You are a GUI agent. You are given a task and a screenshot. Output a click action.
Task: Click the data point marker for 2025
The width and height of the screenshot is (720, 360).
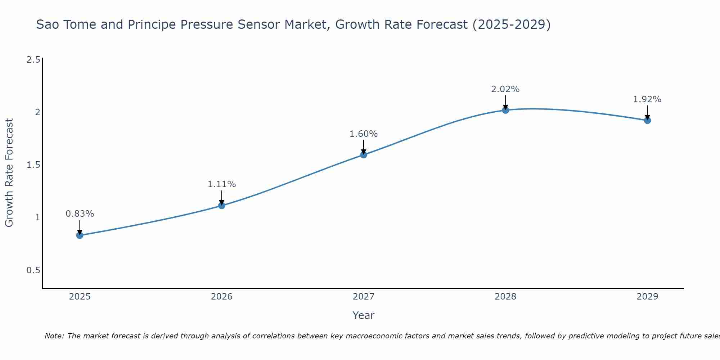tap(80, 235)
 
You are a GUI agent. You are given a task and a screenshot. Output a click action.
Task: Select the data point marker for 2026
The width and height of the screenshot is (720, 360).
tap(222, 206)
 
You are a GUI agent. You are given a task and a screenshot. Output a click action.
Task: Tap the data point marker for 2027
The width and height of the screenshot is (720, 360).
tap(364, 155)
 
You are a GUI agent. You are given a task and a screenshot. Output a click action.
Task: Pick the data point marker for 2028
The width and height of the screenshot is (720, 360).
tap(505, 110)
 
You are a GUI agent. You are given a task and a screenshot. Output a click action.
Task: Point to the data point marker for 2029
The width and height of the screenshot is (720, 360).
tap(647, 120)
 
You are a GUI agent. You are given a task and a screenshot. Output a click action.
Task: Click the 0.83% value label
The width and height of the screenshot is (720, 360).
tap(80, 214)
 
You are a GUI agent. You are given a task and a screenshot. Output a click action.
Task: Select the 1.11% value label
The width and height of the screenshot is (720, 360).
tap(222, 184)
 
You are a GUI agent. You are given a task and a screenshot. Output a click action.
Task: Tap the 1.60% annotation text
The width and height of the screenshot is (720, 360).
tap(364, 134)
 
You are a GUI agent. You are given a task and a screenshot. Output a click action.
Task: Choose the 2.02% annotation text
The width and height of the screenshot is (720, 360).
tap(505, 89)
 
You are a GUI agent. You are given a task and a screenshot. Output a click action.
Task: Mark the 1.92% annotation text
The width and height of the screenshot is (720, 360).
tap(647, 99)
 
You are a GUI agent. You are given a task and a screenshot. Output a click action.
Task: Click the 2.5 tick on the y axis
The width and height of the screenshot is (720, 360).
tap(33, 60)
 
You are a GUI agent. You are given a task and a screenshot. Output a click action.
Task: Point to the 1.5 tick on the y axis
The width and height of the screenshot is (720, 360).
tap(33, 165)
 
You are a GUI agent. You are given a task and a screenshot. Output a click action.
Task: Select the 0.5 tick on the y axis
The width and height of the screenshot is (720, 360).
tap(33, 270)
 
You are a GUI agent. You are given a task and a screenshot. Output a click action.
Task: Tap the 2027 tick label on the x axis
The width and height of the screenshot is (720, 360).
tap(364, 297)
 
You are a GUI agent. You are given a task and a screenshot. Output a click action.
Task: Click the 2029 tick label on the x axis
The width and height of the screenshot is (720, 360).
tap(647, 297)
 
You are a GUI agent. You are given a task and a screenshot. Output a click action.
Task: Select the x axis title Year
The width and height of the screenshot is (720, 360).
tap(364, 315)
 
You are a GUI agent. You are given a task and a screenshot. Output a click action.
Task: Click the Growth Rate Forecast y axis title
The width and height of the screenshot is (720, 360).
tap(9, 173)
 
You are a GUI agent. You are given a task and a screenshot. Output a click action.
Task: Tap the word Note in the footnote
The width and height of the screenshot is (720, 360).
tap(54, 336)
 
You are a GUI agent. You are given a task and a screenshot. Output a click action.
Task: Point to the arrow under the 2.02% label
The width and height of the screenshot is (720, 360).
tap(505, 102)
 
